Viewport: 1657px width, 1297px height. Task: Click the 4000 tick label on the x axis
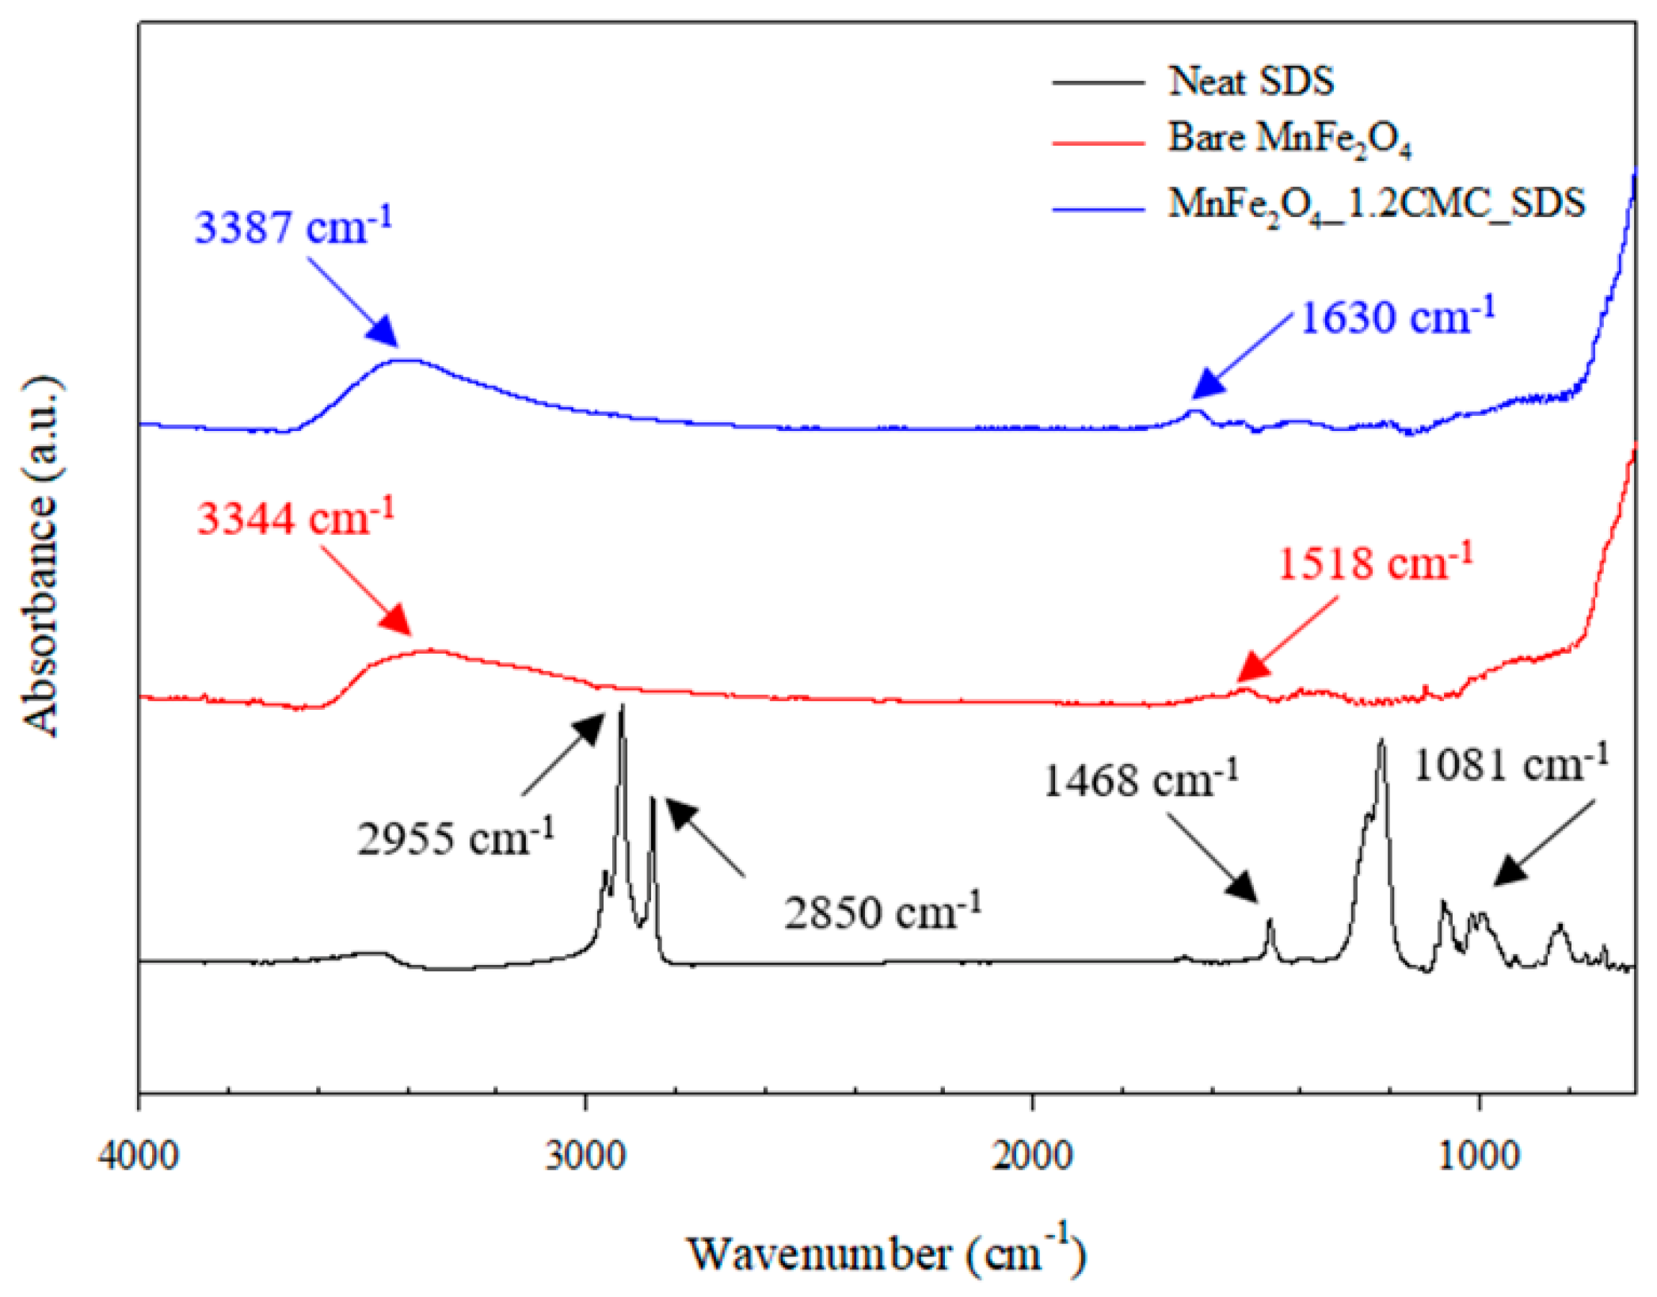click(x=139, y=1155)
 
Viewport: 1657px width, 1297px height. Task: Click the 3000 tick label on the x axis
click(x=585, y=1155)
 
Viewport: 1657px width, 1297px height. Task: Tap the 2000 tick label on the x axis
click(x=1032, y=1155)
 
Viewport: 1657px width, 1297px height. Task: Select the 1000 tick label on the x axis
click(x=1478, y=1155)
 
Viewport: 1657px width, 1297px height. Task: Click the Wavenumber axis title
click(x=886, y=1254)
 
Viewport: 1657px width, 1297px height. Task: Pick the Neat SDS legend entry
click(x=1251, y=82)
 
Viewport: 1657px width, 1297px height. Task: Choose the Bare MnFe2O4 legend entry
click(x=1289, y=140)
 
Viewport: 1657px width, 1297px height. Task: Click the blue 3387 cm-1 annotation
click(x=293, y=227)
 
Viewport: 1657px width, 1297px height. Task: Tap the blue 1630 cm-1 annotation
click(x=1397, y=318)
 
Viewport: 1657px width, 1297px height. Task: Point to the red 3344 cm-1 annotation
click(x=295, y=519)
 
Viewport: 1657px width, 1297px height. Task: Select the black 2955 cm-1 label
click(x=455, y=838)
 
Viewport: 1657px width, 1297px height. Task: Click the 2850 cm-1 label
click(x=882, y=912)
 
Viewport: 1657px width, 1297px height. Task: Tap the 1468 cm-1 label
click(x=1141, y=780)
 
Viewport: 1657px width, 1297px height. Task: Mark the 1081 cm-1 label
click(x=1511, y=765)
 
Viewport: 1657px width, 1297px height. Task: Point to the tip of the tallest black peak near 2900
click(x=623, y=705)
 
